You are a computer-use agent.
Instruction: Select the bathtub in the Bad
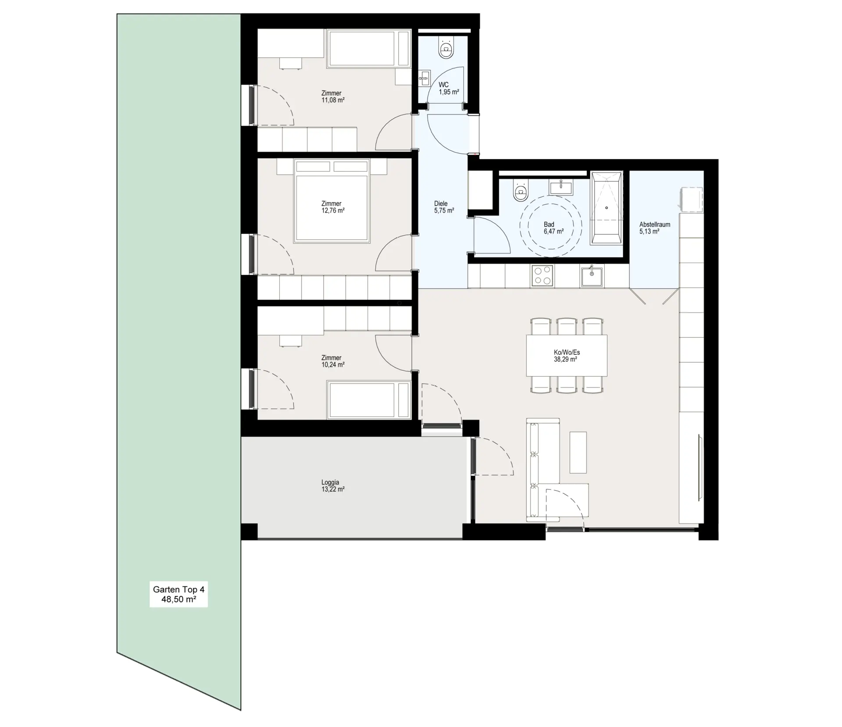[607, 208]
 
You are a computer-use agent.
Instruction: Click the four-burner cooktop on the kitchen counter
[542, 276]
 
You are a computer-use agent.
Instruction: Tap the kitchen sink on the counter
[592, 276]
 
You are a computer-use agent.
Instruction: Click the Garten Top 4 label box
[178, 595]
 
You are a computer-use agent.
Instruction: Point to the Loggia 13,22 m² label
[333, 486]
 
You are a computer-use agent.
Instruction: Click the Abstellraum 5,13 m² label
[654, 228]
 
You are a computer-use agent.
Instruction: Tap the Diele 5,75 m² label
[443, 207]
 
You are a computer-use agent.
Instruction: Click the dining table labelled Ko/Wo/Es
[567, 356]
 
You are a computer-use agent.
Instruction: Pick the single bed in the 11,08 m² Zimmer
[369, 49]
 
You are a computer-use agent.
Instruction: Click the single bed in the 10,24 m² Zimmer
[369, 400]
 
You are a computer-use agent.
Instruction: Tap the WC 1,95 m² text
[449, 89]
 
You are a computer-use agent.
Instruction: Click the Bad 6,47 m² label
[553, 228]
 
